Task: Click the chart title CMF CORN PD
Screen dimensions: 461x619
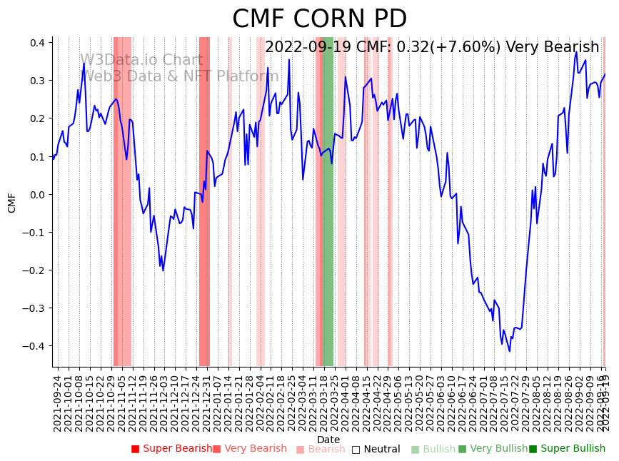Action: pyautogui.click(x=319, y=19)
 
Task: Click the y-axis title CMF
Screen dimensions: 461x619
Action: pyautogui.click(x=12, y=202)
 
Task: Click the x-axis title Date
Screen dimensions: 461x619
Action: pyautogui.click(x=328, y=440)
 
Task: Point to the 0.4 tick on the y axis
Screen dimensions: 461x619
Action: pyautogui.click(x=36, y=43)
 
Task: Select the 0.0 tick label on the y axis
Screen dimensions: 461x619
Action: pyautogui.click(x=36, y=194)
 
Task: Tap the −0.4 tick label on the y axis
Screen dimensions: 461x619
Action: pyautogui.click(x=34, y=346)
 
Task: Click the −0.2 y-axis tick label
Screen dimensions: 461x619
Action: pyautogui.click(x=34, y=270)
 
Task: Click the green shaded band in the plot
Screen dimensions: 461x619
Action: pyautogui.click(x=328, y=214)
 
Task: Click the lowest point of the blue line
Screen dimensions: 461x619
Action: pyautogui.click(x=510, y=351)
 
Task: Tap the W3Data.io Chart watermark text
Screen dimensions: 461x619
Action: pyautogui.click(x=141, y=61)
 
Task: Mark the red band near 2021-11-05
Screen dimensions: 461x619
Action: pyautogui.click(x=122, y=214)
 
